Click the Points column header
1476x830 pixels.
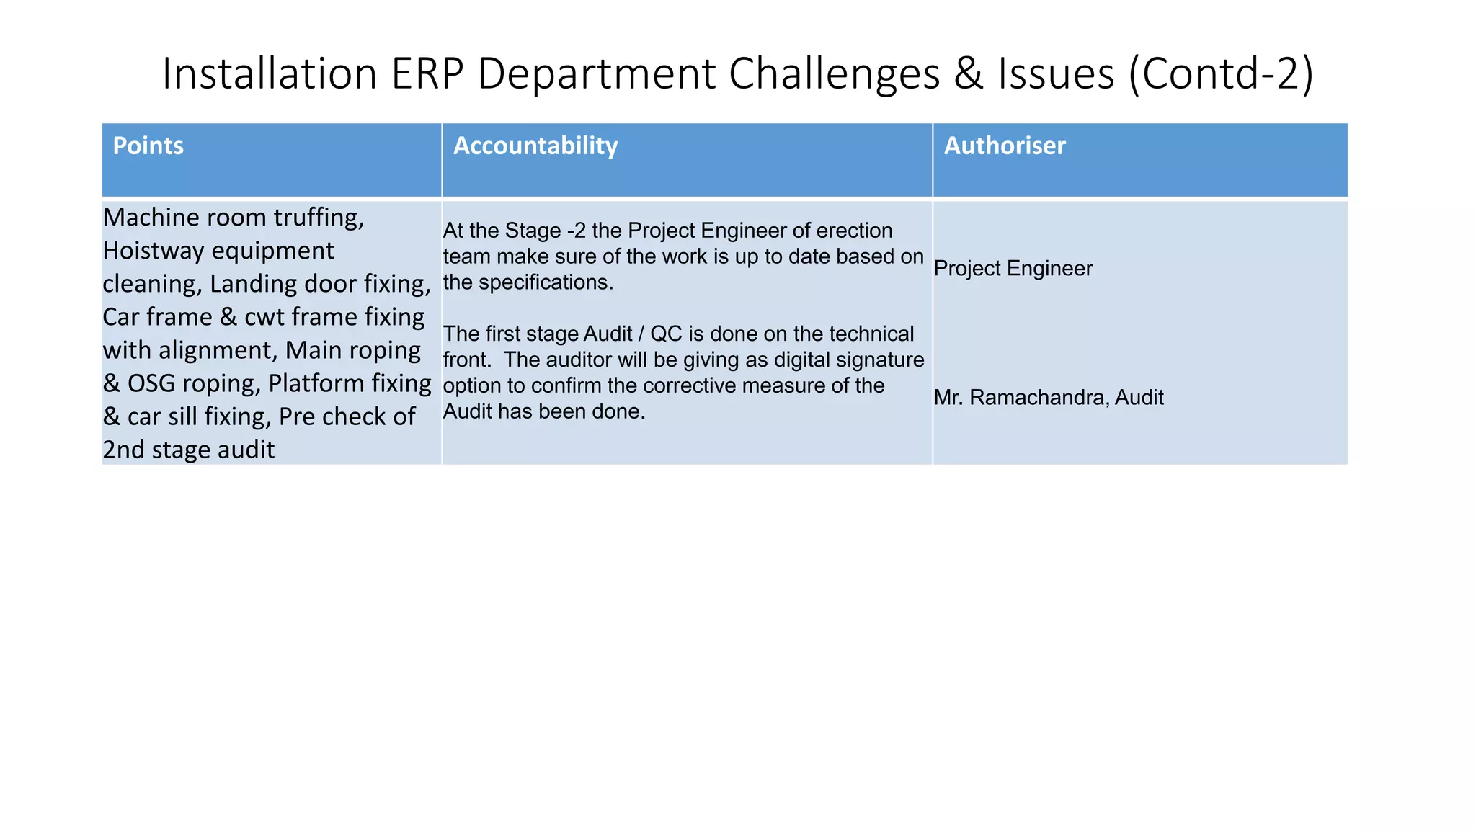148,146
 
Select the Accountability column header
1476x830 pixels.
535,146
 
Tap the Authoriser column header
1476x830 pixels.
1004,146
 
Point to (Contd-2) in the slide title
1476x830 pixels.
1221,73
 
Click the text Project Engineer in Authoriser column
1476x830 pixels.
1013,269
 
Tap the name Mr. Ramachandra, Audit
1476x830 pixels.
1048,398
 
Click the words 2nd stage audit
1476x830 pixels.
188,450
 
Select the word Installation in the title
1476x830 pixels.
270,73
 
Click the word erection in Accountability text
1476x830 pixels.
854,231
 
